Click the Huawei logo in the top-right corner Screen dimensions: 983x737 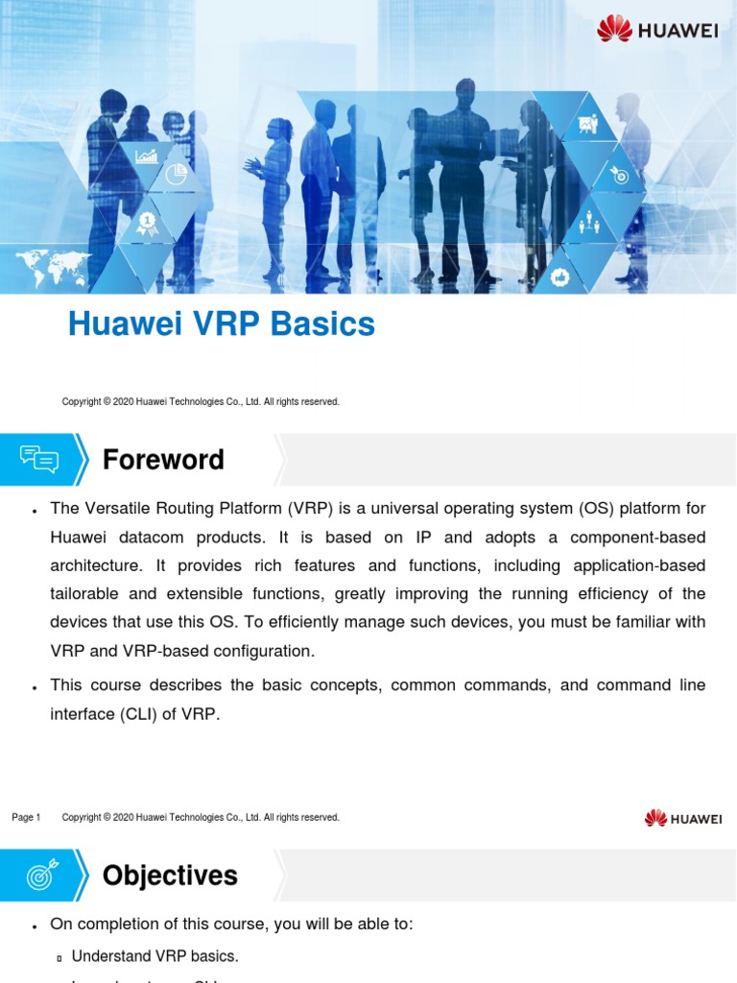657,30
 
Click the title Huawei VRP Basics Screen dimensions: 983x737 221,325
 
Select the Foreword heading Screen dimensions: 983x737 163,460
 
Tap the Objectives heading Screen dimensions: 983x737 170,875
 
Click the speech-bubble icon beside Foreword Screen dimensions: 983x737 39,460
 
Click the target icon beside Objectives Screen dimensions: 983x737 40,875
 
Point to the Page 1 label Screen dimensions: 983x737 26,817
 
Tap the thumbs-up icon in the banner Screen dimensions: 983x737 561,276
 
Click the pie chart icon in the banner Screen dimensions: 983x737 176,175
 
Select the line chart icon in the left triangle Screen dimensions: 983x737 147,156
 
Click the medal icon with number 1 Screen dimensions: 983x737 147,223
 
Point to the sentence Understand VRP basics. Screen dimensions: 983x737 155,956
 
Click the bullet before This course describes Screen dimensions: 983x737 35,687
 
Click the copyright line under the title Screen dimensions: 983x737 201,401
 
